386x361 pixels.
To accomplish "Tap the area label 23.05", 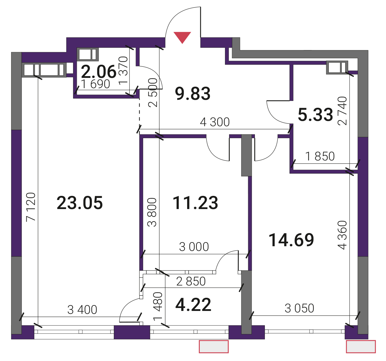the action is point(80,203).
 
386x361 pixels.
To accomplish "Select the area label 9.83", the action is point(193,94).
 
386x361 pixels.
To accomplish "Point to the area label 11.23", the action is point(195,203).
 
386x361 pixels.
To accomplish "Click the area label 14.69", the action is point(291,240).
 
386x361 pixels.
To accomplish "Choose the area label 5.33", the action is point(315,115).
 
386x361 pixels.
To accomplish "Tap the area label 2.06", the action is point(99,72).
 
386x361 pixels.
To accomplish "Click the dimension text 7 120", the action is point(31,207).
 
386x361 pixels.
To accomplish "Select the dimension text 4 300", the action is point(215,122).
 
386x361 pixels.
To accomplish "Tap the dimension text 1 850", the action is point(320,156).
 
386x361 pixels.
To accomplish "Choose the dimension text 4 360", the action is point(342,235).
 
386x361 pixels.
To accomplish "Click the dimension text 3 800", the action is point(152,212).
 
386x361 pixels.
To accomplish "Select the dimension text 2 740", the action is point(342,111).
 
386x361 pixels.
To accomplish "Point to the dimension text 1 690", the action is point(95,84).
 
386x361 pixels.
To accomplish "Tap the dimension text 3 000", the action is point(194,247).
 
